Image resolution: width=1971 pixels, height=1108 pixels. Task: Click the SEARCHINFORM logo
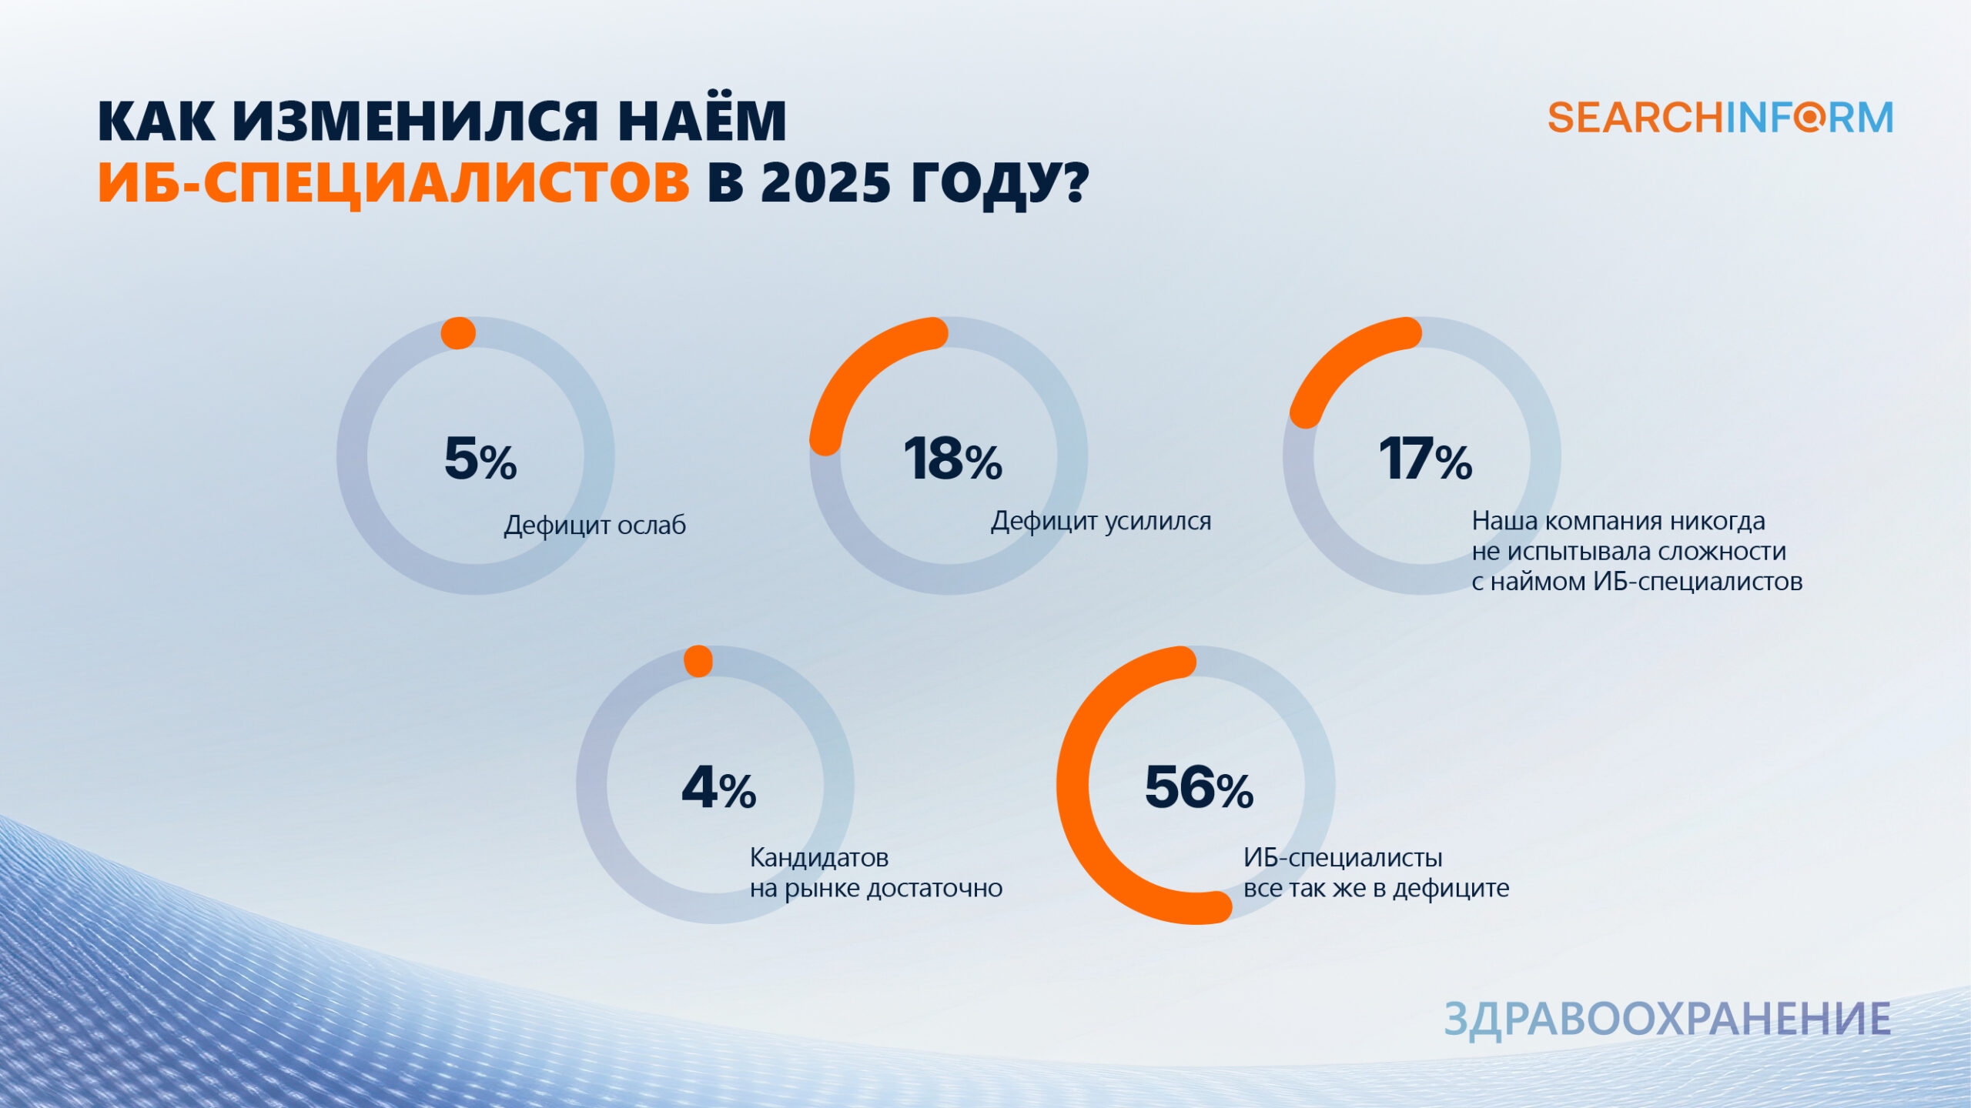coord(1720,118)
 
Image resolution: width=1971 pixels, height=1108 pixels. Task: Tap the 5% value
coord(480,459)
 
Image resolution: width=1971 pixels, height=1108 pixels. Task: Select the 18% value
coord(953,459)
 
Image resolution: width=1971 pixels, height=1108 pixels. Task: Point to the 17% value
coord(1425,459)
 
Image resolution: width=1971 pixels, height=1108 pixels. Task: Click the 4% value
coord(719,788)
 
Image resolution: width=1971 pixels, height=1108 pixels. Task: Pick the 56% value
coord(1200,788)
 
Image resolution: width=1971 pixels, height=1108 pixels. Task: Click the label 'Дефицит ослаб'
coord(594,526)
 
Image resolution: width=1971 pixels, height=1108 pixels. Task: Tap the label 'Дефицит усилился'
coord(1101,522)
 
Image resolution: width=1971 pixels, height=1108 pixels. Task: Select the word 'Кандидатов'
coord(819,857)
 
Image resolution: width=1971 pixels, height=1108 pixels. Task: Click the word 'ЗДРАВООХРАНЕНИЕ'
coord(1668,1019)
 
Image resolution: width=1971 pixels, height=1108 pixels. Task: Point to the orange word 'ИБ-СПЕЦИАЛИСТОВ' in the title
coord(393,183)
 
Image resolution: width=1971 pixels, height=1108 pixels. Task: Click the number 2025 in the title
coord(825,183)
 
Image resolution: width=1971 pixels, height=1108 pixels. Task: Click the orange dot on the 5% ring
coord(458,333)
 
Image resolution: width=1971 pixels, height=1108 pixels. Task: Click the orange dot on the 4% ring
coord(698,662)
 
